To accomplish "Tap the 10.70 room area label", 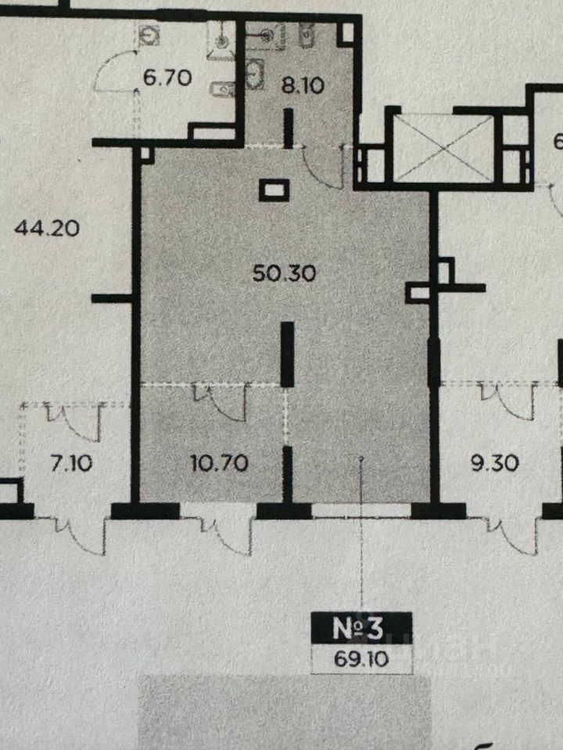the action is click(x=220, y=463).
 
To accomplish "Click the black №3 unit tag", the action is click(x=360, y=627).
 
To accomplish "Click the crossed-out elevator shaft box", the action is click(x=443, y=147).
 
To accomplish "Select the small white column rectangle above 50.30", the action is click(x=274, y=188).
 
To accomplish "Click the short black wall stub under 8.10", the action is click(x=288, y=129).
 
